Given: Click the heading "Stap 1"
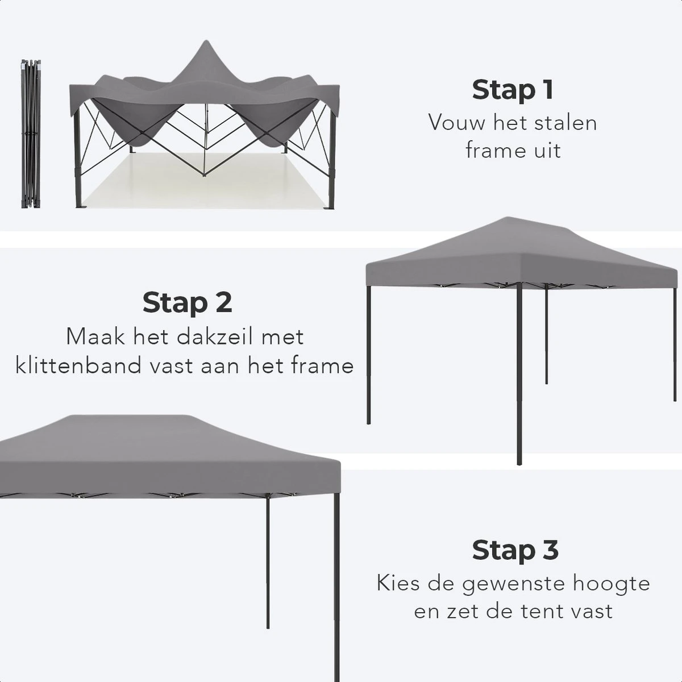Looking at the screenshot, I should pos(512,90).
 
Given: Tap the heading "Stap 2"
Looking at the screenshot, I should pos(187,302).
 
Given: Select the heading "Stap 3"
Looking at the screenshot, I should pos(515,550).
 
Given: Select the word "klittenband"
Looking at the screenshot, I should pos(78,365).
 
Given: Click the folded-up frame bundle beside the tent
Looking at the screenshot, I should pos(31,134).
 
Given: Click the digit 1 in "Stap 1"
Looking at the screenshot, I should pos(546,90).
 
